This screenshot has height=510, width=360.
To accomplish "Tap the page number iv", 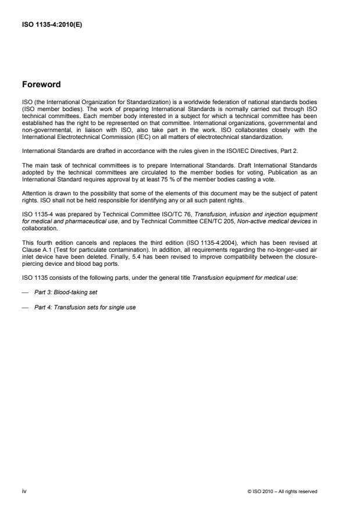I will (24, 491).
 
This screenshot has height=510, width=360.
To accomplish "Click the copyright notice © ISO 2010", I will (283, 492).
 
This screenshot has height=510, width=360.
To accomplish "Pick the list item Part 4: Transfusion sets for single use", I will (85, 307).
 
